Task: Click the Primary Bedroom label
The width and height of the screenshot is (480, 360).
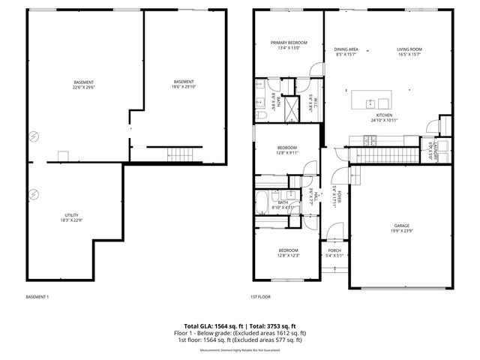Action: click(x=289, y=43)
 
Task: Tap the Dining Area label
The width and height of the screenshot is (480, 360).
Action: click(x=345, y=49)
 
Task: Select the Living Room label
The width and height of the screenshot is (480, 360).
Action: click(x=409, y=49)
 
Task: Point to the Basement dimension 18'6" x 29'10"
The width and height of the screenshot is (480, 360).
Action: click(x=184, y=86)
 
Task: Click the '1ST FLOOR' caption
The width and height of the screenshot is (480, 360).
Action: click(x=260, y=297)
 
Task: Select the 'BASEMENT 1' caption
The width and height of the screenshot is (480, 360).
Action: click(x=37, y=297)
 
